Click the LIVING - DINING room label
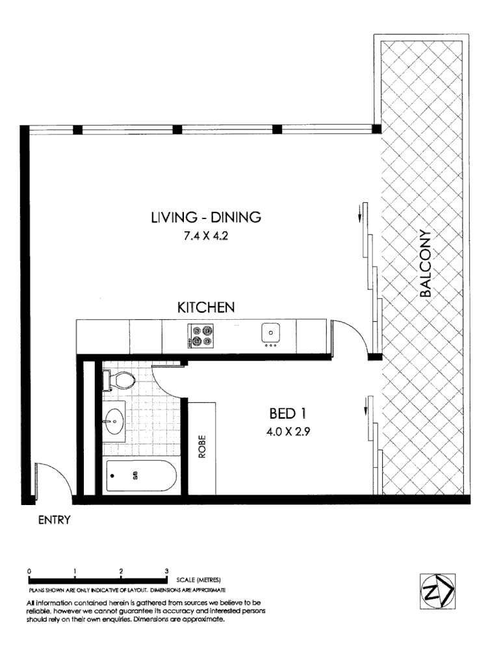point(205,218)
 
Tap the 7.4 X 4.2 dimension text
point(205,237)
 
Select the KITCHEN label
point(206,307)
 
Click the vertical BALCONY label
point(426,263)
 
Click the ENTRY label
point(54,520)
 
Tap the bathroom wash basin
point(114,420)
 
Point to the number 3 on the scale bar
point(167,570)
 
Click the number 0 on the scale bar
point(29,570)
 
